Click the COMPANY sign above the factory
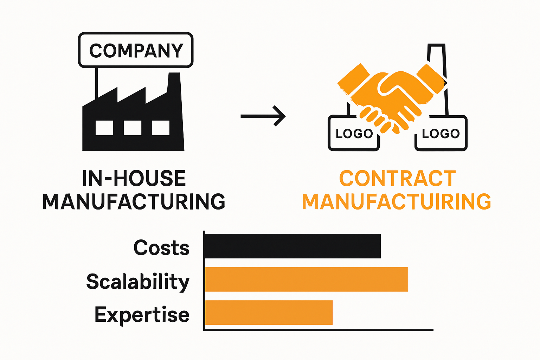click(x=136, y=50)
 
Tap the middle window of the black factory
click(x=133, y=128)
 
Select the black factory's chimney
click(x=175, y=84)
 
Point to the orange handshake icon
click(x=390, y=95)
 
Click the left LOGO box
click(x=353, y=134)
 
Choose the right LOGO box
click(x=441, y=134)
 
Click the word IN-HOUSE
click(x=134, y=179)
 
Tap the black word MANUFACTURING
click(x=134, y=202)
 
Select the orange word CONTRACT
click(x=397, y=179)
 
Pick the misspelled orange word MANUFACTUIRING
click(x=397, y=202)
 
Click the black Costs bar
click(x=292, y=246)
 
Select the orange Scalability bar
click(x=306, y=279)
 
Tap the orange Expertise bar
click(x=269, y=313)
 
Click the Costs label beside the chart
click(x=161, y=247)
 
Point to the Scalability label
click(x=138, y=282)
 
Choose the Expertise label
click(x=142, y=315)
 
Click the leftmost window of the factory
click(x=104, y=128)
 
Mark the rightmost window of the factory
click(x=161, y=128)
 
